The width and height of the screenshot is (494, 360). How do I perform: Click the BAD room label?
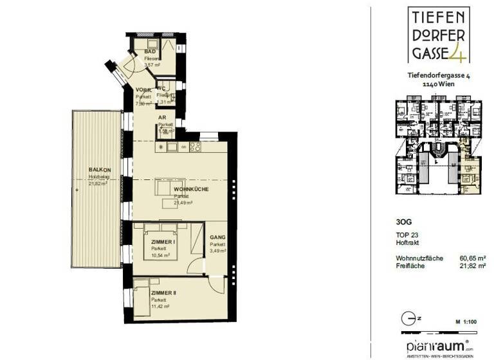(x=151, y=51)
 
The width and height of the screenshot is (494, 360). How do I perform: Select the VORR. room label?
(x=143, y=90)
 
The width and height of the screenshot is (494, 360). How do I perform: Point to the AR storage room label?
(x=162, y=118)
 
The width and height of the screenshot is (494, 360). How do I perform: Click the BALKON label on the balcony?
(x=100, y=170)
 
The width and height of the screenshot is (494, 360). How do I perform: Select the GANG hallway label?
(x=217, y=237)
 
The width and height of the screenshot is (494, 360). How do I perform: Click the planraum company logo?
(x=437, y=344)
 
